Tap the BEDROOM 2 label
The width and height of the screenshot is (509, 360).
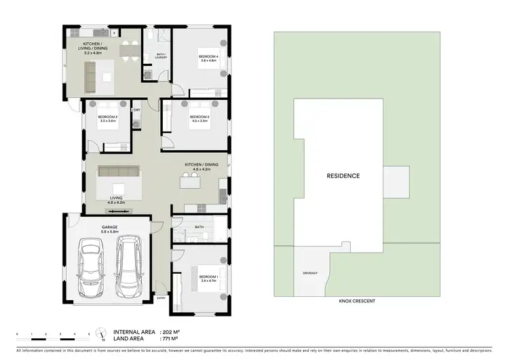[x=199, y=117]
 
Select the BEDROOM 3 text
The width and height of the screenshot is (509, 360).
[x=108, y=117]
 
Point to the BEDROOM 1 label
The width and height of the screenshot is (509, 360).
[x=208, y=277]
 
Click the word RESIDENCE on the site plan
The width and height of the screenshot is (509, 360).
[x=343, y=175]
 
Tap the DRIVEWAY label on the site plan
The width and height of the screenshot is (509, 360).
[x=309, y=273]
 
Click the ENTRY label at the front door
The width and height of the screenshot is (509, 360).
[x=161, y=298]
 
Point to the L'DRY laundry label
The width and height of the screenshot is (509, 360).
[x=136, y=110]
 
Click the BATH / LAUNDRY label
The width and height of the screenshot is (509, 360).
[x=160, y=57]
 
